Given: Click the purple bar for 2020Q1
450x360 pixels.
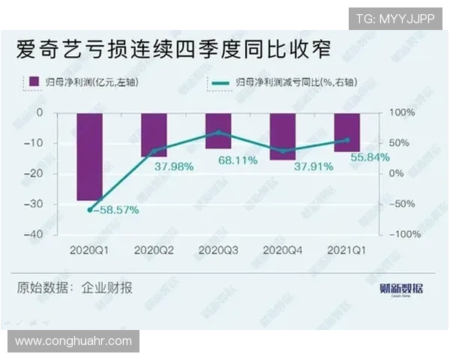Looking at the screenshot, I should pos(89,157).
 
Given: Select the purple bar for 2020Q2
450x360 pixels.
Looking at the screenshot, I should pos(154,134).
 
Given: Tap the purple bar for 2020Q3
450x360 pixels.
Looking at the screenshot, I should pos(218,130).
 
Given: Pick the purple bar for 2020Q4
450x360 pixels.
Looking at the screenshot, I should pos(283,136).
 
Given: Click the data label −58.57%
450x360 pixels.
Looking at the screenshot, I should pos(115,210).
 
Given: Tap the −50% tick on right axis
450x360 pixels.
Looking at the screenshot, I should pos(401,204).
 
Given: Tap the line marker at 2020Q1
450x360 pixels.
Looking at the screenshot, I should pos(89,210).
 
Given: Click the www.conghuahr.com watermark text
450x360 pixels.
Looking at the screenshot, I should pos(73,341).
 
